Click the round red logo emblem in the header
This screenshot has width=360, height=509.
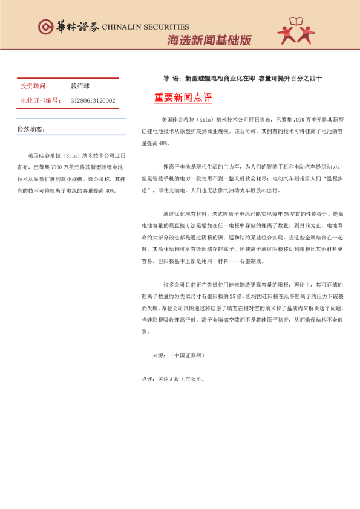(x=45, y=27)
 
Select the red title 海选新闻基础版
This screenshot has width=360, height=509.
(x=209, y=41)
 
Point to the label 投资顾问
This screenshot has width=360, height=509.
(x=34, y=86)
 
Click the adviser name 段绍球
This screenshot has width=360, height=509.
(x=80, y=86)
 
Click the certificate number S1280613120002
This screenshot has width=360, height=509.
(x=93, y=100)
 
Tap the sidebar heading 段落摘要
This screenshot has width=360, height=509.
(x=31, y=130)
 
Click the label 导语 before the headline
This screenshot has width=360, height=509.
(x=172, y=79)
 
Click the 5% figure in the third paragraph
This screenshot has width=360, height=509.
(x=278, y=215)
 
